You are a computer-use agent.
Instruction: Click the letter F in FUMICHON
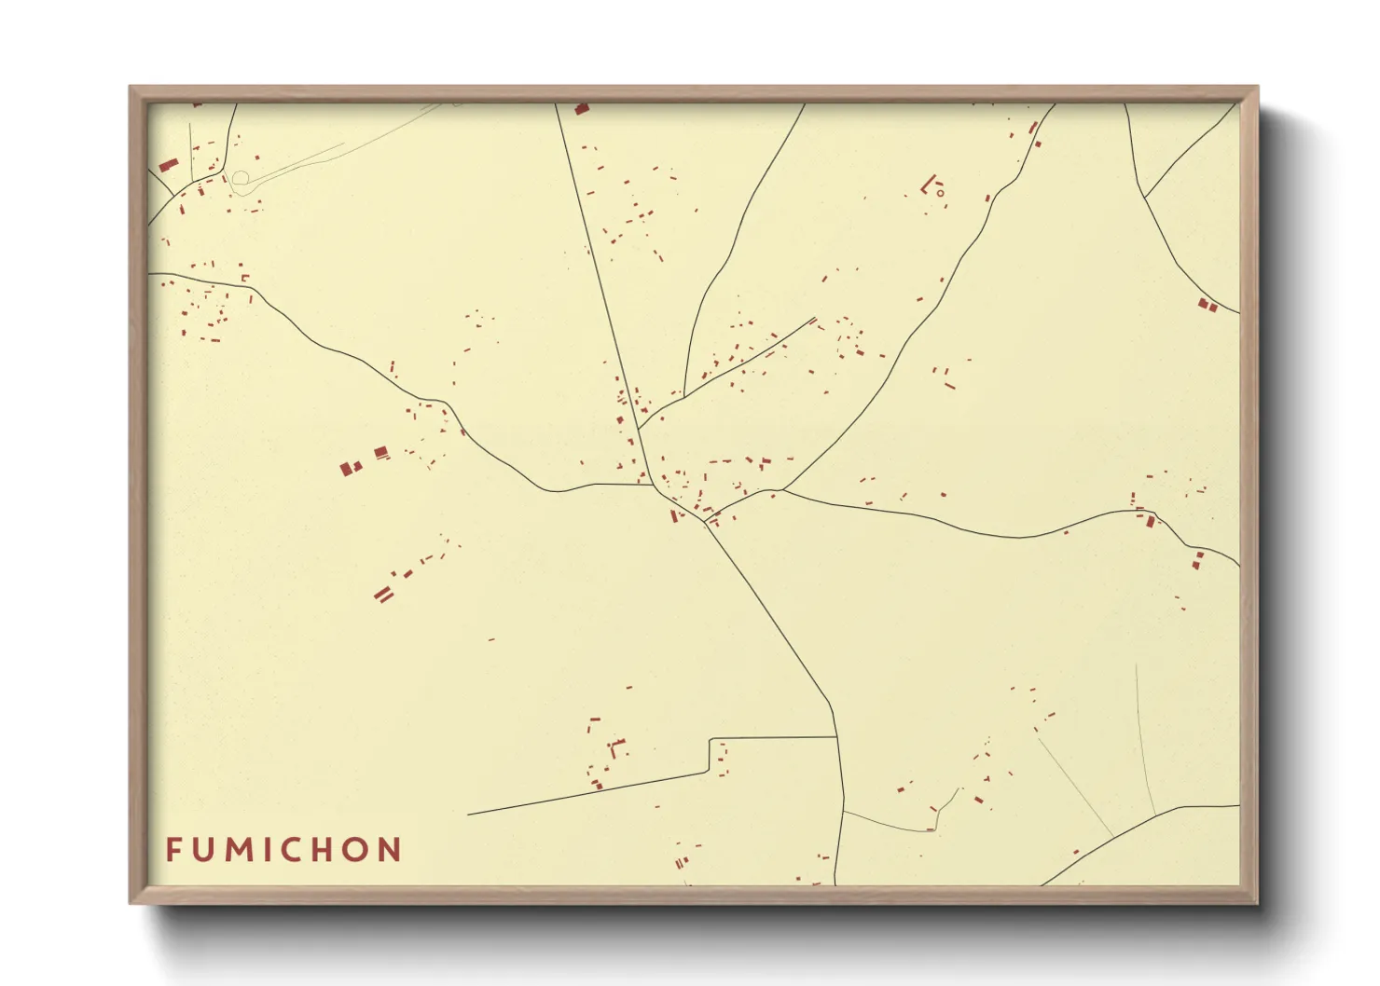click(174, 850)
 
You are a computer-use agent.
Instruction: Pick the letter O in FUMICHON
click(360, 850)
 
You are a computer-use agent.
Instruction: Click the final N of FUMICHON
click(392, 850)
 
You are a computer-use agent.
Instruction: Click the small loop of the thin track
click(240, 177)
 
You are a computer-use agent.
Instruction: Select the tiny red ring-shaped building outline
click(940, 194)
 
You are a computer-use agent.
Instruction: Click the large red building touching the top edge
click(582, 109)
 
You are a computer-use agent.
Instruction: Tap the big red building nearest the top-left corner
click(168, 165)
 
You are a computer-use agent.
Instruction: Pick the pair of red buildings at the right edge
click(1207, 305)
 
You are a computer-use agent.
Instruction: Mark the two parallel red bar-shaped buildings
click(383, 594)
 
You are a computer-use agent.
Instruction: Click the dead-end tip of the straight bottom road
click(468, 815)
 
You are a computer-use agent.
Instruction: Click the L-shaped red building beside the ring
click(927, 185)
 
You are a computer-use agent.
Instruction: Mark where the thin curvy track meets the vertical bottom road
click(842, 811)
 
